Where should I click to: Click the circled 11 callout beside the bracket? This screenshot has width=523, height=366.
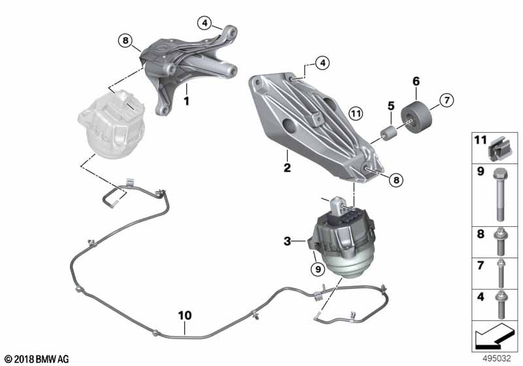coord(356,114)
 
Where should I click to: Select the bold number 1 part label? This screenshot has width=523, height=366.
coord(186,101)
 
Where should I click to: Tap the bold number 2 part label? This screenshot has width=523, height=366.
coord(287,167)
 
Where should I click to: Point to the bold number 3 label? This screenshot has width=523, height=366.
coord(287,241)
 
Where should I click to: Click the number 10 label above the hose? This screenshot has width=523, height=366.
coord(185,315)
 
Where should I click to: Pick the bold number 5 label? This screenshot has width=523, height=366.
coord(391,106)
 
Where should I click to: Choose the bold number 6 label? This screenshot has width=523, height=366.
coord(416,81)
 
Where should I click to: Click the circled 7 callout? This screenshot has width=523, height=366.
coord(447,100)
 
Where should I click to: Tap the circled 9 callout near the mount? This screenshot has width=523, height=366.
coord(318,269)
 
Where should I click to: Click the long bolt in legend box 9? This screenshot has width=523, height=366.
coord(499,195)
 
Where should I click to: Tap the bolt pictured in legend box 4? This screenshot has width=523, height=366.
coord(500,304)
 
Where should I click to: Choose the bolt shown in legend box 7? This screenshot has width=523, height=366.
coord(500,273)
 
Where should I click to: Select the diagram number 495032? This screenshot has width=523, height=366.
coord(497,358)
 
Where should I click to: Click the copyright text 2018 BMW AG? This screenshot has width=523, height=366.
coord(42,359)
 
